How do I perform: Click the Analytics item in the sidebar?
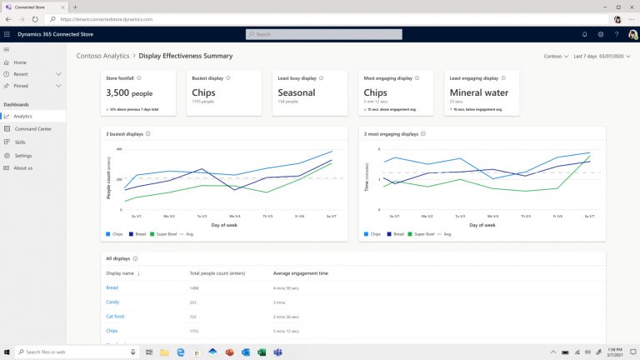pyautogui.click(x=22, y=116)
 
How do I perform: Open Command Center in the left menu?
pyautogui.click(x=32, y=129)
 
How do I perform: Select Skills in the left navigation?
pyautogui.click(x=20, y=142)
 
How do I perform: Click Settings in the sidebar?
pyautogui.click(x=22, y=155)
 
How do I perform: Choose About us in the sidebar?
pyautogui.click(x=23, y=167)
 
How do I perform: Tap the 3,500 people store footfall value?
pyautogui.click(x=128, y=93)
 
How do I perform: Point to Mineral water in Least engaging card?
pyautogui.click(x=482, y=92)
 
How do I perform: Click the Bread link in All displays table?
pyautogui.click(x=112, y=287)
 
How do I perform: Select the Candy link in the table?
pyautogui.click(x=112, y=302)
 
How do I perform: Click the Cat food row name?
pyautogui.click(x=115, y=317)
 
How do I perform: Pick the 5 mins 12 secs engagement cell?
pyautogui.click(x=291, y=331)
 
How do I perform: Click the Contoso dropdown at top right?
pyautogui.click(x=554, y=56)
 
